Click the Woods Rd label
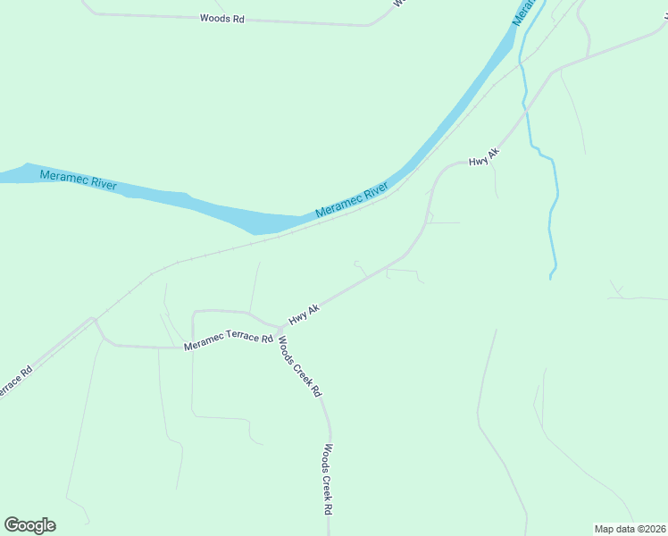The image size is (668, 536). [x=222, y=18]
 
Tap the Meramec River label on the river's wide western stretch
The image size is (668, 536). [x=79, y=179]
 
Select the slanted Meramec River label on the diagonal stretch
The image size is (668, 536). [x=351, y=201]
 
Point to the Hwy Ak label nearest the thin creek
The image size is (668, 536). [x=484, y=156]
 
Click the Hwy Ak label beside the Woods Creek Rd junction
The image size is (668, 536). [x=304, y=314]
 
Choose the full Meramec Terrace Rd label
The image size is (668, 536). [x=228, y=341]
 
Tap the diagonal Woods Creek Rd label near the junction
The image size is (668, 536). [x=300, y=365]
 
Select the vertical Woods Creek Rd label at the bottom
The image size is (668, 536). [x=329, y=479]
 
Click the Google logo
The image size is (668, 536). [x=29, y=525]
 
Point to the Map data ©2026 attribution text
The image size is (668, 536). [x=630, y=528]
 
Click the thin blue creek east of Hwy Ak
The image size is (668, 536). [x=554, y=205]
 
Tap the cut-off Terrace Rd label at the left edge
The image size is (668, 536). [x=15, y=381]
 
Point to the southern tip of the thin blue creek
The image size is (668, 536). [x=551, y=278]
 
